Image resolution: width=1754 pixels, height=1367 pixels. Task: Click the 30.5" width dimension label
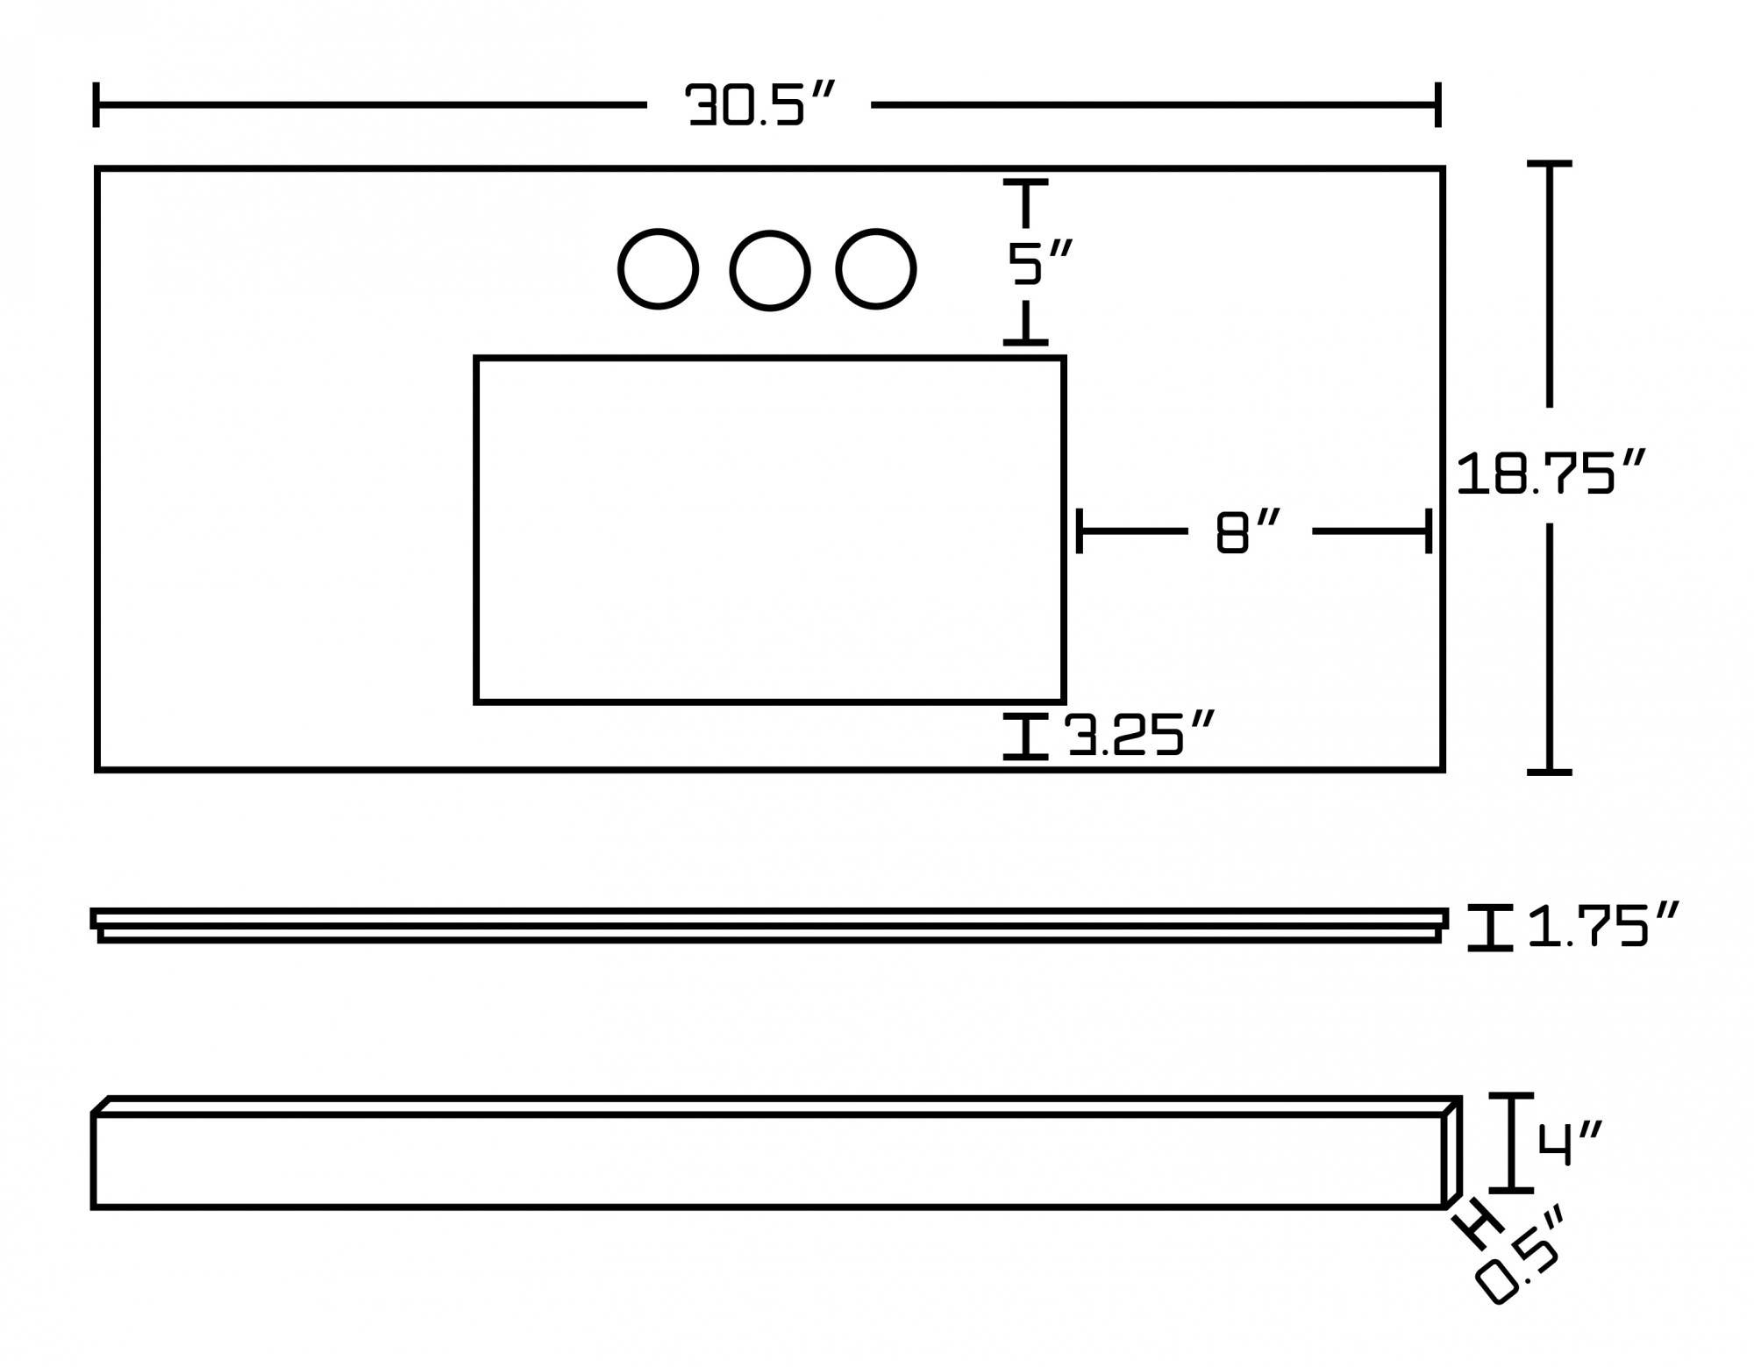pyautogui.click(x=759, y=105)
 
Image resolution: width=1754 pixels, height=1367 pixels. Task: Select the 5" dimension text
pyautogui.click(x=1039, y=264)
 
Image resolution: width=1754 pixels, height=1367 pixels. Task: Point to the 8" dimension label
pyautogui.click(x=1248, y=532)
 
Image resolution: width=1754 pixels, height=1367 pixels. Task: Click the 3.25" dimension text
pyautogui.click(x=1140, y=735)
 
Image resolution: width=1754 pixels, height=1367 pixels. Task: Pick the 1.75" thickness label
pyautogui.click(x=1603, y=926)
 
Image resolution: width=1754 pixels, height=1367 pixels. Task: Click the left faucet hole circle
pyautogui.click(x=659, y=269)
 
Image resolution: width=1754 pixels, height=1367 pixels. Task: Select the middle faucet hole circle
pyautogui.click(x=770, y=271)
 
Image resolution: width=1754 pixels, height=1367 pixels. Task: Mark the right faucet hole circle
pyautogui.click(x=876, y=270)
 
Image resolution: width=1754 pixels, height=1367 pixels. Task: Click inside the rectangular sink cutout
pyautogui.click(x=769, y=530)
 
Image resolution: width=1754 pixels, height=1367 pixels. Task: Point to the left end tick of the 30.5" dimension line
pyautogui.click(x=96, y=105)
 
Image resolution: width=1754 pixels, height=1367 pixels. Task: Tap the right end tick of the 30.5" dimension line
pyautogui.click(x=1437, y=105)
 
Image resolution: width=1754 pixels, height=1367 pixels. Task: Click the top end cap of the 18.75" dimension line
pyautogui.click(x=1550, y=164)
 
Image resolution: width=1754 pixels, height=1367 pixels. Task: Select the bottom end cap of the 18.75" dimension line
pyautogui.click(x=1550, y=772)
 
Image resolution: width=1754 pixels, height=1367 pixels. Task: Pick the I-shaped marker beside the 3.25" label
pyautogui.click(x=1025, y=737)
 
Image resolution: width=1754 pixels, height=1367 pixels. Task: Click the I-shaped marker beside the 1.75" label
pyautogui.click(x=1491, y=928)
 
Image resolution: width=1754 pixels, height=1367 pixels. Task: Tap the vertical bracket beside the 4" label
pyautogui.click(x=1511, y=1143)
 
